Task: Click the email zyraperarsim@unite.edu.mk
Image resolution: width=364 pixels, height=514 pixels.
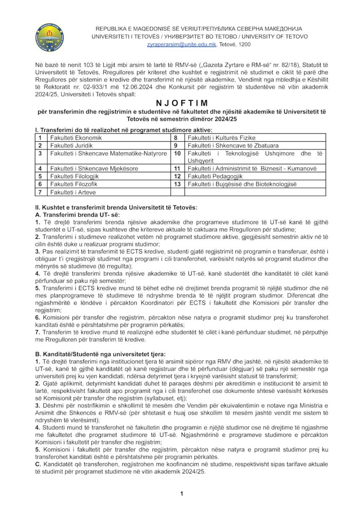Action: [x=182, y=45]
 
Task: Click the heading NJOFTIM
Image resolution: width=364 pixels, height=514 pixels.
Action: [x=181, y=103]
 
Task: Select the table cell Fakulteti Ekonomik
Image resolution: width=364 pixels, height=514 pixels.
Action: [x=76, y=138]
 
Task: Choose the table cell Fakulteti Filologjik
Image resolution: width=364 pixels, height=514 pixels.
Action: [x=74, y=176]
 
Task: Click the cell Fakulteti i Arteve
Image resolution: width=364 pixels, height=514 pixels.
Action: [x=73, y=192]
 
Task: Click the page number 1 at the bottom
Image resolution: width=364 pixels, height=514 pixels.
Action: [x=182, y=494]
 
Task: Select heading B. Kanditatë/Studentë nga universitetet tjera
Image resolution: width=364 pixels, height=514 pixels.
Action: [x=100, y=354]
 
